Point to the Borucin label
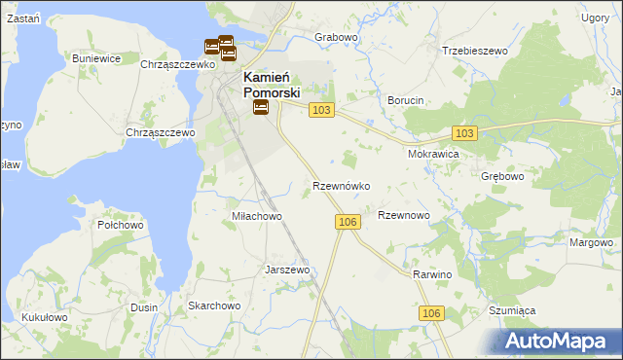click(406, 100)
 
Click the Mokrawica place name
click(433, 154)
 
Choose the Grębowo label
click(502, 177)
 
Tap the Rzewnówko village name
click(341, 185)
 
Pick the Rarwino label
click(433, 275)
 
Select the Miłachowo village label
click(257, 216)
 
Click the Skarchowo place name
click(214, 306)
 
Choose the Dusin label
click(144, 306)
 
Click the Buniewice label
click(96, 58)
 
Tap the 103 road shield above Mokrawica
click(464, 133)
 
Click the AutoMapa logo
click(558, 341)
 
